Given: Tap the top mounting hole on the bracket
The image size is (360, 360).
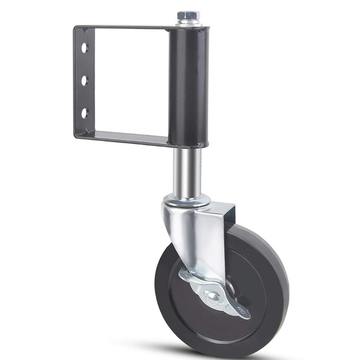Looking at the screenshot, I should (85, 47).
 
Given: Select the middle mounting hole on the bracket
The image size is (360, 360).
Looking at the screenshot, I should (85, 79).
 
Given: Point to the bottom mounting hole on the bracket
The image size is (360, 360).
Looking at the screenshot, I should (85, 112).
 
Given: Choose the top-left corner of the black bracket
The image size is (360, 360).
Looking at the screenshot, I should (76, 27).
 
